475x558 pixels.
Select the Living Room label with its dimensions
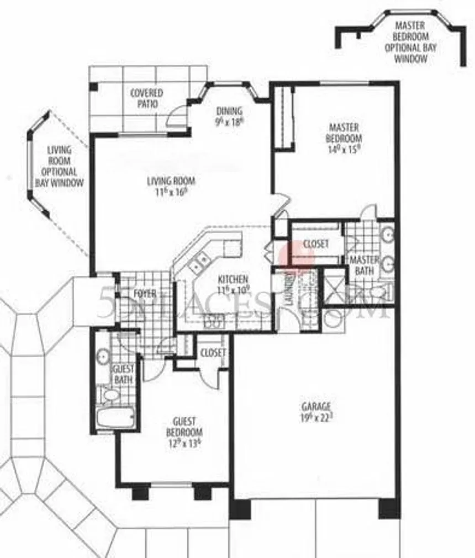(x=171, y=185)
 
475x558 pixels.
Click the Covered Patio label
(x=146, y=98)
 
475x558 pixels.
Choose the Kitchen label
(x=233, y=284)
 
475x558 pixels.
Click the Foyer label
(x=145, y=293)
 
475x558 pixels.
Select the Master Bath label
(x=365, y=265)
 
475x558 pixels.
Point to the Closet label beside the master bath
(x=315, y=243)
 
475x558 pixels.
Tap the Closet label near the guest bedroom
(x=213, y=353)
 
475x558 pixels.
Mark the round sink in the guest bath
(x=103, y=356)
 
